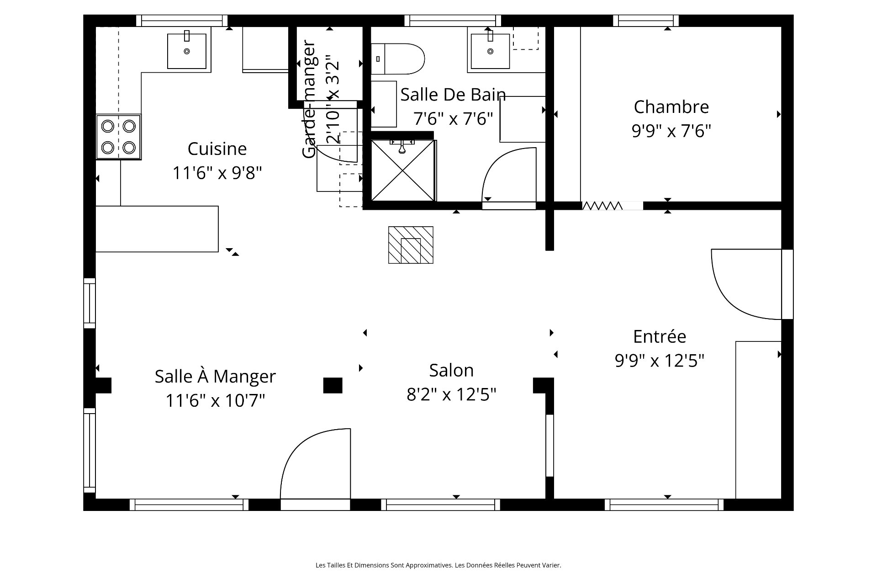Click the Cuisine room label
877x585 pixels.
(x=217, y=149)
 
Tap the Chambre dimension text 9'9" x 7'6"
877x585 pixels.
(x=671, y=131)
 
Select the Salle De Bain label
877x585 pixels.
(x=453, y=95)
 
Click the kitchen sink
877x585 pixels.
(x=186, y=51)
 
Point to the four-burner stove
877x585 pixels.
(x=118, y=137)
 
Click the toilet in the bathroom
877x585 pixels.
(x=397, y=59)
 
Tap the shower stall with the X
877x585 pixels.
(x=403, y=170)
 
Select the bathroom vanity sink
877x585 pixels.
(x=490, y=51)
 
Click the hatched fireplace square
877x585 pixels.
(x=411, y=245)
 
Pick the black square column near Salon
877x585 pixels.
(x=333, y=385)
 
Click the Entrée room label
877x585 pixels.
(x=660, y=336)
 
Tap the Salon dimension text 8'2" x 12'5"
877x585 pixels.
(x=451, y=394)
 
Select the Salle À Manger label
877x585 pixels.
(x=215, y=377)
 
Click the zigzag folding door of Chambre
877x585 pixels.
(x=602, y=206)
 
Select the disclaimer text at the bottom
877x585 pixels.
(x=438, y=565)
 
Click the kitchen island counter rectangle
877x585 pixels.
(x=157, y=229)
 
